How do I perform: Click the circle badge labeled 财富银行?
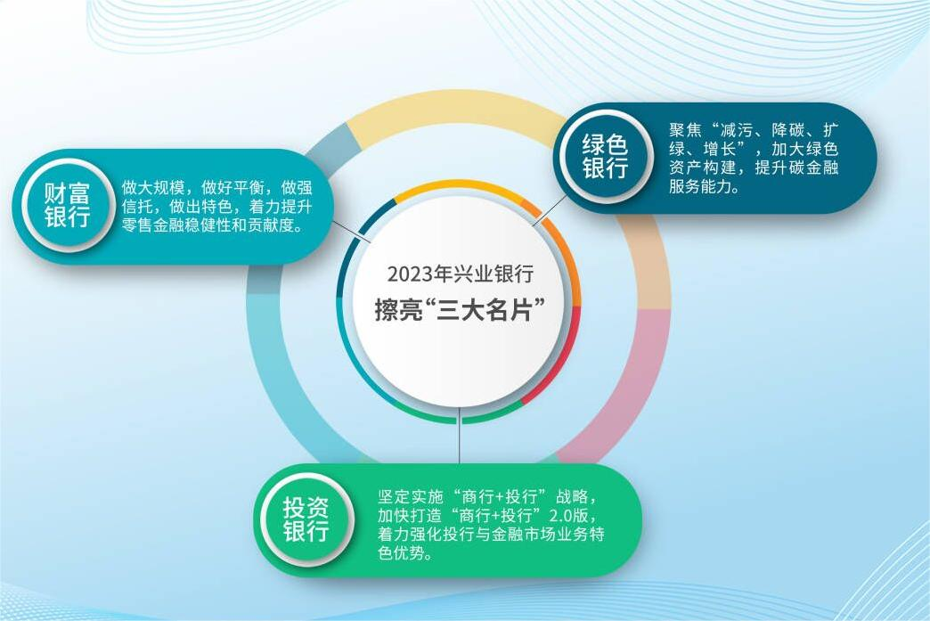(67, 205)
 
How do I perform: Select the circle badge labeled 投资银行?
(306, 519)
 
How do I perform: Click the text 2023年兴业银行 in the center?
(461, 274)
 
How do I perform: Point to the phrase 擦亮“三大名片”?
(461, 309)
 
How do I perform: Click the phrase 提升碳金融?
(796, 168)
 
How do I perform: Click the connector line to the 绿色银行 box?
(550, 211)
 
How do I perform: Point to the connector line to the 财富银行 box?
(352, 233)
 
